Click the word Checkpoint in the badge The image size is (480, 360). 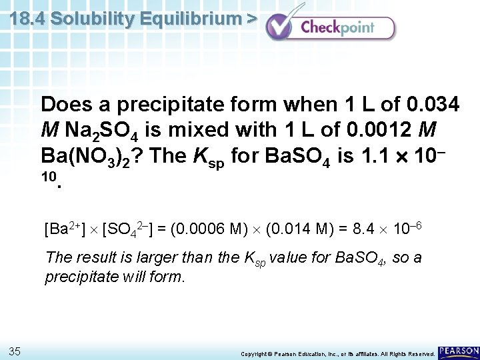coord(337,28)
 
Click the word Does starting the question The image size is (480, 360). coord(65,105)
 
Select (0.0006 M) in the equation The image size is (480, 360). coord(209,231)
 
